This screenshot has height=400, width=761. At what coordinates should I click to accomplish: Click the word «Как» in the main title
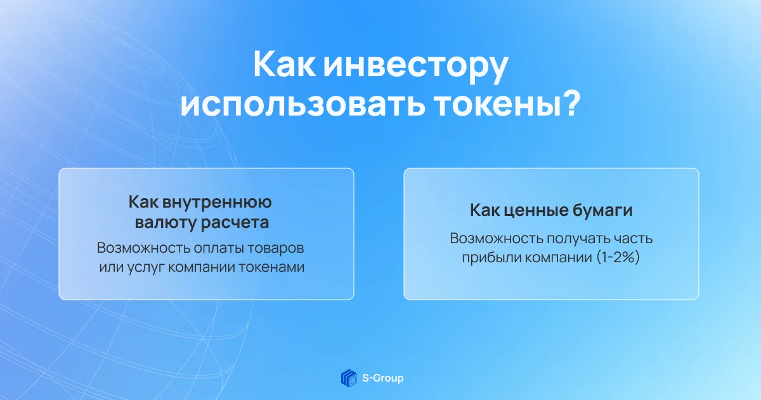coord(284,65)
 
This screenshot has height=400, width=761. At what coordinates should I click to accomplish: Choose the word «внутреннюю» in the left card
coord(217,202)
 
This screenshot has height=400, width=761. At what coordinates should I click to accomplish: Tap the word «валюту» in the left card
coord(164,223)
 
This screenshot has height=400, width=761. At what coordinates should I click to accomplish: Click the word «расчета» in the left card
coord(235,223)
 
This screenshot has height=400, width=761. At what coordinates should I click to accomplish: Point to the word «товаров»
coord(275,248)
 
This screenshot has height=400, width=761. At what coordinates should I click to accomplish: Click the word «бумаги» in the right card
coord(602,211)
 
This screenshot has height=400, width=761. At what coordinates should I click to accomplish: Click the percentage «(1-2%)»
coord(618,257)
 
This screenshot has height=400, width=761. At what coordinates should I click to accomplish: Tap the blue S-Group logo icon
coord(349,378)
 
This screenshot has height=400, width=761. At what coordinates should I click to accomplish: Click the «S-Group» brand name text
coord(383,378)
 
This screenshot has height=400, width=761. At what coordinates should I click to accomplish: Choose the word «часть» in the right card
coord(633,239)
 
